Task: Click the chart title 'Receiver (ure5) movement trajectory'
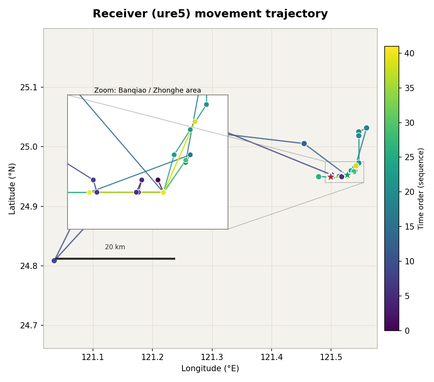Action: point(210,14)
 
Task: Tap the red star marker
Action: point(331,177)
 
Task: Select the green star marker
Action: point(347,175)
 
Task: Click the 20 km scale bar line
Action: point(115,259)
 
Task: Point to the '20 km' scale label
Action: point(115,247)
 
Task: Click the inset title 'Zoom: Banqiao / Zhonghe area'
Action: point(147,90)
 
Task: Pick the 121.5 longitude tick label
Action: point(331,357)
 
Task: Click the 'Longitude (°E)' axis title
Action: point(210,368)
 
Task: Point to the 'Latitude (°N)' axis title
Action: point(12,189)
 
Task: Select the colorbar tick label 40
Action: point(409,53)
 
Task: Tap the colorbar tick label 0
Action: point(407,331)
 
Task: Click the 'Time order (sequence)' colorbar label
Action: point(421,189)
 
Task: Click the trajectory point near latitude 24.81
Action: point(54,261)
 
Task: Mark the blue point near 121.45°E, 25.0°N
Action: point(304,144)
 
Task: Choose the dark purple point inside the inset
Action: point(158,180)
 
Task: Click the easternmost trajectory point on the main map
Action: point(366,128)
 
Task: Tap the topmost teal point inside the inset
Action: point(206,104)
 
